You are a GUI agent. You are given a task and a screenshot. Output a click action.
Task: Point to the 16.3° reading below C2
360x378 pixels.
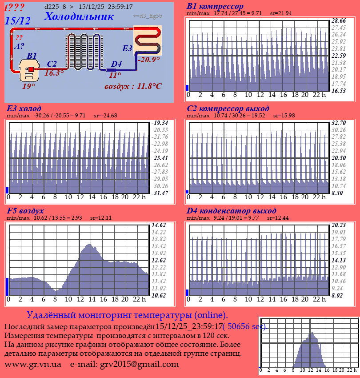point(54,73)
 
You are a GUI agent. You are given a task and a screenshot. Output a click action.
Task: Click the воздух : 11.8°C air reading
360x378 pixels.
point(133,86)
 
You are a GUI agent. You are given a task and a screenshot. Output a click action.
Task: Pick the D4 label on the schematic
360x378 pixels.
point(116,64)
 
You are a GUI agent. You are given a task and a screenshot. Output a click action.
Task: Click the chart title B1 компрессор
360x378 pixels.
point(215,6)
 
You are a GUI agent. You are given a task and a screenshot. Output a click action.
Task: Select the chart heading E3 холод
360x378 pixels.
point(24,109)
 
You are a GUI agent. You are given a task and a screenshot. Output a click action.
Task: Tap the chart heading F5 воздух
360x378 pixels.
point(25,211)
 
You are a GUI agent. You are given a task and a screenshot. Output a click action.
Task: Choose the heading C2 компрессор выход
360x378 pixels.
point(228,109)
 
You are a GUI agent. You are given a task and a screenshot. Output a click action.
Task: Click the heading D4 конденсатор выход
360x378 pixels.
point(232,211)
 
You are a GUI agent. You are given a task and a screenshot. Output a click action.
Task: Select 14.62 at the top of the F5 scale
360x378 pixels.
point(159,225)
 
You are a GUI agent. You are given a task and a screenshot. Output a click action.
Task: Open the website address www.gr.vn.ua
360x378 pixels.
point(33,364)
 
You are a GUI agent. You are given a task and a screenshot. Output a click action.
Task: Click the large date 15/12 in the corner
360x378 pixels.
point(18,20)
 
